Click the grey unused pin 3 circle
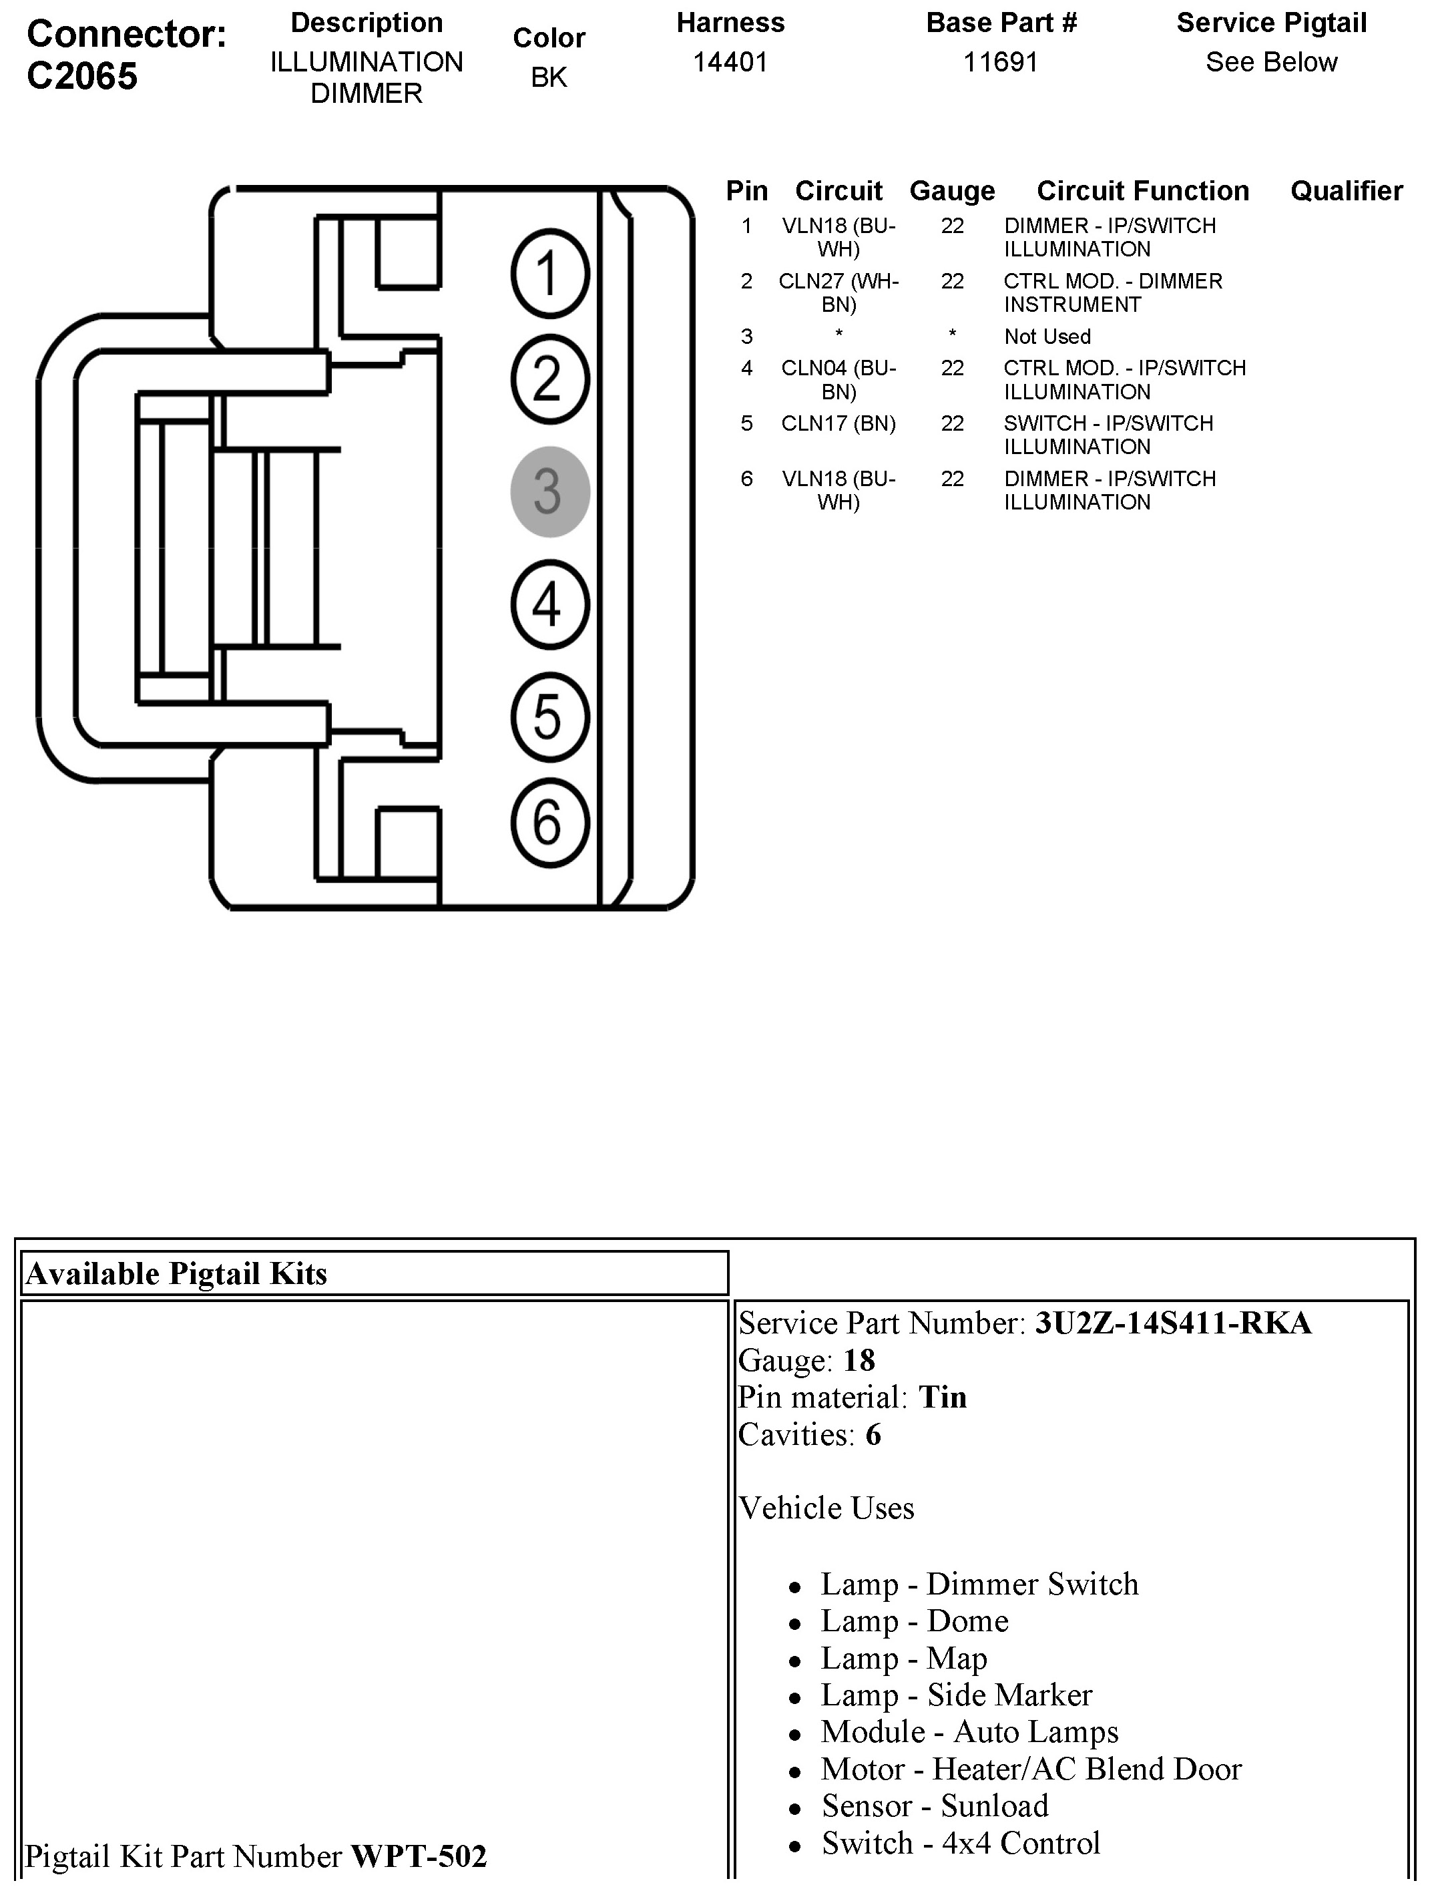(549, 492)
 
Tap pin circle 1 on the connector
(549, 274)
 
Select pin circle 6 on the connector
(549, 823)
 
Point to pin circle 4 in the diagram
(549, 604)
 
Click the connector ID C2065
(82, 76)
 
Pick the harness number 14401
(730, 62)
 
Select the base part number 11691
(1001, 62)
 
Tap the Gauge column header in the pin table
(952, 190)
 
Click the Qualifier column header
(1346, 190)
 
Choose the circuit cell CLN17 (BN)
(838, 423)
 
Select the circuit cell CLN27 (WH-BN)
(838, 292)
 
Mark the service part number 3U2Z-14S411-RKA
(1173, 1323)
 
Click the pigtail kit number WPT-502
(419, 1856)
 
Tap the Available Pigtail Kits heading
(177, 1273)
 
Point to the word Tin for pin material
(942, 1397)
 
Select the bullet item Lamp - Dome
(914, 1620)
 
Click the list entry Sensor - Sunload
(935, 1806)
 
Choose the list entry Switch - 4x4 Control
(960, 1842)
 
